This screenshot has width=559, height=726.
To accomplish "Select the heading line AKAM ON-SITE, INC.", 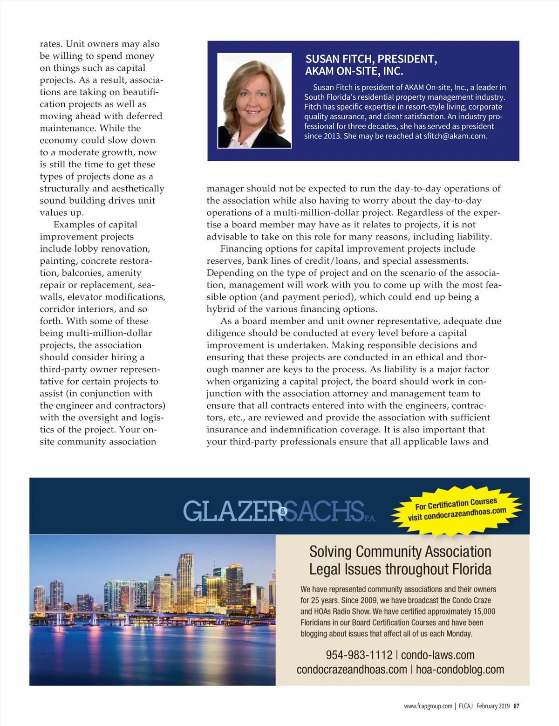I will point(354,71).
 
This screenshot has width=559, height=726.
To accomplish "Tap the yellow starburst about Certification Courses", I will point(457,509).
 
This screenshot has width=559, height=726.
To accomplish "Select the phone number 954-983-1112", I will point(359,655).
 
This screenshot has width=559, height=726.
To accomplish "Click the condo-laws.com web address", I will point(437,655).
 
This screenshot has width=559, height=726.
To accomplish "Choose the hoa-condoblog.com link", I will point(460,670).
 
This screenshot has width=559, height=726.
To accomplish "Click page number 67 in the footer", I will point(516,706).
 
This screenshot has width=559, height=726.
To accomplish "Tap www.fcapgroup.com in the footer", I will point(428,706).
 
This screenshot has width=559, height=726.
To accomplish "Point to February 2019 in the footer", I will point(493,706).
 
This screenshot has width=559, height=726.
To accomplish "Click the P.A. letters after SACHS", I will point(370,518).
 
